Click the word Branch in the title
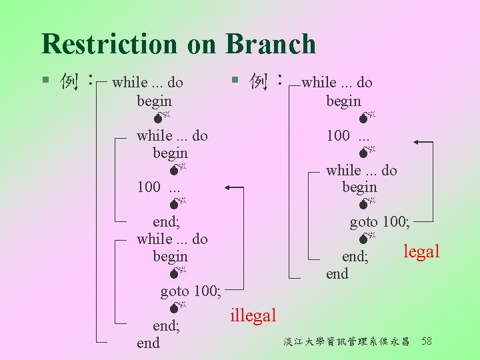point(271,44)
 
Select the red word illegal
point(253,315)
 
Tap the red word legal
point(421,251)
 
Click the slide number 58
point(427,341)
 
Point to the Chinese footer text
point(347,342)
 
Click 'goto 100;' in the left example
point(191,291)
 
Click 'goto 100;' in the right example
point(380,221)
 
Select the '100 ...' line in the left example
point(158,187)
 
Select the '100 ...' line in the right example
point(347,136)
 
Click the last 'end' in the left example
point(148,343)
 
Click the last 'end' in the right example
point(337,273)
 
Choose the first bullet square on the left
point(45,81)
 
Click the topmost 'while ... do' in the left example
point(147,83)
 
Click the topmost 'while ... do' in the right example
point(337,83)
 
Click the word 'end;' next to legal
point(355,257)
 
